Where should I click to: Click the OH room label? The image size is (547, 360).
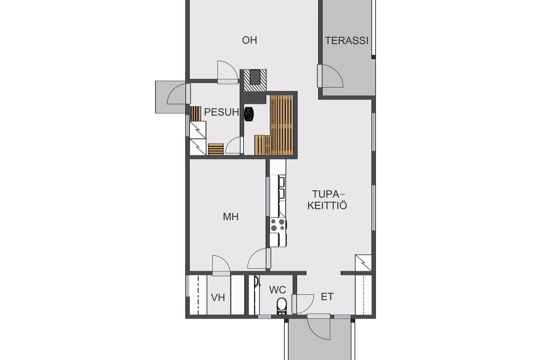(x=249, y=40)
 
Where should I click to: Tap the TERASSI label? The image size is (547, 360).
(x=347, y=40)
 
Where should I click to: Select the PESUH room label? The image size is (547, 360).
(x=222, y=112)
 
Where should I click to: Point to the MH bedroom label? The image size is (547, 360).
(x=231, y=217)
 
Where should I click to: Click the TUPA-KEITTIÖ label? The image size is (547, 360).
(x=327, y=200)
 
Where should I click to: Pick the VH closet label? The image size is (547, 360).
(x=218, y=298)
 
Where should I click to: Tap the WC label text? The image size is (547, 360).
(x=277, y=290)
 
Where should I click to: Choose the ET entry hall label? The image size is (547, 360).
(x=327, y=297)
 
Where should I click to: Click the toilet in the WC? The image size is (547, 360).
(x=281, y=306)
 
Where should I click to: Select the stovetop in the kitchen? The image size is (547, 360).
(x=277, y=224)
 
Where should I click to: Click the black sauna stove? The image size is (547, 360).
(x=249, y=114)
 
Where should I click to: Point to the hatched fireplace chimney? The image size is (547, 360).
(x=255, y=81)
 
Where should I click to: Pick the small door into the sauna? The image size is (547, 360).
(x=233, y=145)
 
